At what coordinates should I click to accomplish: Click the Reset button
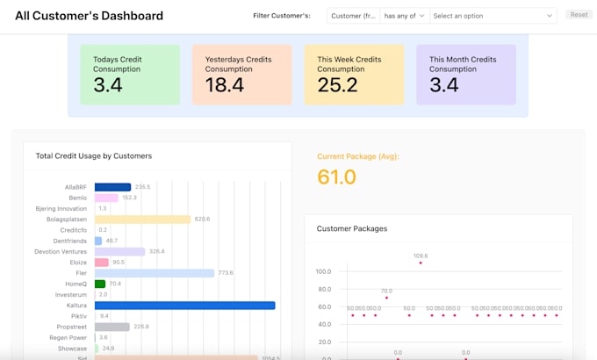click(579, 15)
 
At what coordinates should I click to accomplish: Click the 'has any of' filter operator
click(405, 16)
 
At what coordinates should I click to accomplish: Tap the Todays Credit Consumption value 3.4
click(108, 85)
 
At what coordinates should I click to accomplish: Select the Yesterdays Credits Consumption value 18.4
click(225, 85)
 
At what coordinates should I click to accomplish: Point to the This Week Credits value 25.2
click(337, 85)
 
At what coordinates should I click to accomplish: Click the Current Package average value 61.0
click(336, 177)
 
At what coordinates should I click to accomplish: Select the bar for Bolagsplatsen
click(142, 219)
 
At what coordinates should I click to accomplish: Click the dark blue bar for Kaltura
click(184, 306)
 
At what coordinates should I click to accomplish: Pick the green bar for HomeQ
click(100, 284)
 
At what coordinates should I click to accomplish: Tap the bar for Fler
click(155, 273)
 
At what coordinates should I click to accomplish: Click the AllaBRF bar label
click(76, 187)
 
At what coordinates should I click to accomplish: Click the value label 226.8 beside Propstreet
click(140, 327)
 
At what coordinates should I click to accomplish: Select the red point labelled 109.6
click(421, 263)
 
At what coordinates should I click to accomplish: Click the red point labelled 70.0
click(386, 298)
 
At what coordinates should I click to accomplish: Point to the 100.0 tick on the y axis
click(322, 271)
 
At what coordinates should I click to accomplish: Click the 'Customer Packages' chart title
click(352, 228)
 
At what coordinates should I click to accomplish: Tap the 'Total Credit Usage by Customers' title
click(94, 156)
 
